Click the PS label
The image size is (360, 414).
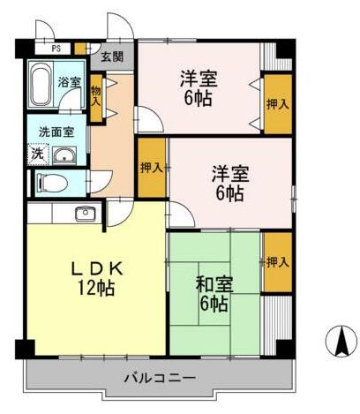(x=56, y=50)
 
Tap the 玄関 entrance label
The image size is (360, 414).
(x=111, y=56)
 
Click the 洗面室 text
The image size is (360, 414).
(x=56, y=132)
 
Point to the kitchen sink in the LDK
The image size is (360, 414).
(x=86, y=213)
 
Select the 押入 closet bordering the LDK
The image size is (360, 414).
(x=151, y=167)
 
